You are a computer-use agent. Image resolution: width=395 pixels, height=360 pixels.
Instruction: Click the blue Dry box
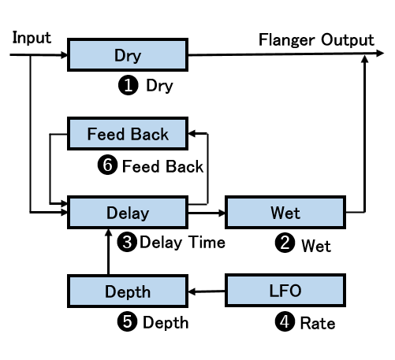point(128,54)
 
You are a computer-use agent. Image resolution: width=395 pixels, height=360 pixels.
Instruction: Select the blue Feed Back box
point(128,134)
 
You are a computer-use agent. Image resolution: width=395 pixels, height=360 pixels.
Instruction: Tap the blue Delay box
point(128,212)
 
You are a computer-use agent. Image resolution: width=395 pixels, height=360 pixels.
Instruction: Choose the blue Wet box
point(285,212)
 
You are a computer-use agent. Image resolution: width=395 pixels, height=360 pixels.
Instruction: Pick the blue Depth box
point(128,291)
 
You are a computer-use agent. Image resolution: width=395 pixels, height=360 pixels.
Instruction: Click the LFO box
point(285,291)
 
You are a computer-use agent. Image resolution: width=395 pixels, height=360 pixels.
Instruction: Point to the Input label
point(32,38)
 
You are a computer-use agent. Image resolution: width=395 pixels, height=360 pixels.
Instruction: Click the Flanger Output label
point(316,40)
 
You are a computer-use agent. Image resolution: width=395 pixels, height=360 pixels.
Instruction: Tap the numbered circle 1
point(129,85)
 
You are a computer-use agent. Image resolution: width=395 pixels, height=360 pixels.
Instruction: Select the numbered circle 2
point(285,243)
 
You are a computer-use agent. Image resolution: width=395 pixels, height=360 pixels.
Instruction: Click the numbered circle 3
point(127,242)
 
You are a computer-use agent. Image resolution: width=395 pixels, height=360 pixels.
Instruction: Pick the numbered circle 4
point(285,321)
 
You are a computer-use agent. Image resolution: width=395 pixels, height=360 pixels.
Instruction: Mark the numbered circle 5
point(127,321)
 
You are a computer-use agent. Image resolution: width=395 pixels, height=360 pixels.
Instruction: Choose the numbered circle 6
point(107,165)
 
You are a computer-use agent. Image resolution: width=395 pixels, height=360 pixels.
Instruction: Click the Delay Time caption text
point(182,243)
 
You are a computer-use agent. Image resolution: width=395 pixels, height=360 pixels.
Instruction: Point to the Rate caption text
point(318,323)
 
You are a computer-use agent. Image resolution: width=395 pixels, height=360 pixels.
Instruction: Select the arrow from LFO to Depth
point(207,291)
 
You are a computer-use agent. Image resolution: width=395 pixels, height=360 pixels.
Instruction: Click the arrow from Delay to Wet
point(207,213)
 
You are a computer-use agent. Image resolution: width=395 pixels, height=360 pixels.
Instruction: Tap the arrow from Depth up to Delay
point(108,251)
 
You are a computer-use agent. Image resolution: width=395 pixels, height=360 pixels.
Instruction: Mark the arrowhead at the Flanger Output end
point(380,53)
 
